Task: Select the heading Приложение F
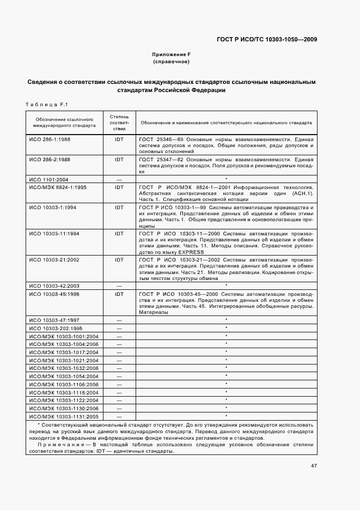pyautogui.click(x=171, y=55)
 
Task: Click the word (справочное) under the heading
pyautogui.click(x=171, y=62)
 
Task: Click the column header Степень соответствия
pyautogui.click(x=119, y=123)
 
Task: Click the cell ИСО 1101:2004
pyautogui.click(x=46, y=179)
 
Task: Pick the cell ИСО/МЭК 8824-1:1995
pyautogui.click(x=54, y=187)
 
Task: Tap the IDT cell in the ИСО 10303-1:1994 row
pyautogui.click(x=119, y=208)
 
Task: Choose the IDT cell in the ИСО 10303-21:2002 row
pyautogui.click(x=119, y=259)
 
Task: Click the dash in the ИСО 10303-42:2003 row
pyautogui.click(x=119, y=286)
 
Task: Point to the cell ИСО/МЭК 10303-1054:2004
pyautogui.click(x=63, y=377)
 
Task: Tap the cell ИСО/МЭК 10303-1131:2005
pyautogui.click(x=63, y=416)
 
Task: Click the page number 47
pyautogui.click(x=314, y=466)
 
